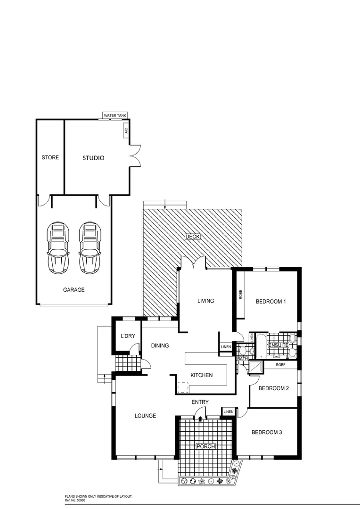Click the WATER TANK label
115,115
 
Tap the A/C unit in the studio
126,131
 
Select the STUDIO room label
93,158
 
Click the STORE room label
50,157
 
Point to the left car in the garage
58,248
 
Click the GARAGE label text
74,290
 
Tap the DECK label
193,237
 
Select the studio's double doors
135,155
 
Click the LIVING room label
205,301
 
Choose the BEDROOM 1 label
271,302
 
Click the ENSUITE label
278,345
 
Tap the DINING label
160,345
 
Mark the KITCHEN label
201,375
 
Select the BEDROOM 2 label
273,388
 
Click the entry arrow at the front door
201,418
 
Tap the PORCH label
206,446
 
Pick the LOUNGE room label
145,416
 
